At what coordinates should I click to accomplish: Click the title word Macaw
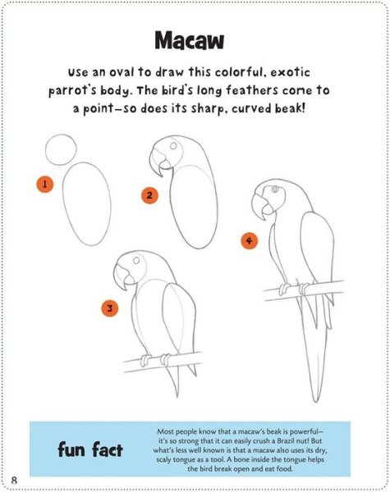pos(189,40)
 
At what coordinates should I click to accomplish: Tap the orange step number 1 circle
pos(44,184)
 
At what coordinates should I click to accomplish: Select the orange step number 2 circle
pos(149,195)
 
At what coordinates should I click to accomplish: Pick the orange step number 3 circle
pos(110,307)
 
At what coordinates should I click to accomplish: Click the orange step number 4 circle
pos(250,240)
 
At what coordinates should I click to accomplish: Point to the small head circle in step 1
pos(61,135)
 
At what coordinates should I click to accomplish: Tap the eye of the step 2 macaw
pos(173,146)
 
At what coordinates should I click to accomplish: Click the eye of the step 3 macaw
pos(136,260)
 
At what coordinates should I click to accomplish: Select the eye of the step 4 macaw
pos(275,189)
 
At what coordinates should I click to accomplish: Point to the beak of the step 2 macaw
pos(158,162)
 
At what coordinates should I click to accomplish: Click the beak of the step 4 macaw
pos(261,206)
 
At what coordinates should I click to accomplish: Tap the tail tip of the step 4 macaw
pos(315,401)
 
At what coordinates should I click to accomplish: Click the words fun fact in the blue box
pos(90,449)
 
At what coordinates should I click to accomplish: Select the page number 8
pos(14,481)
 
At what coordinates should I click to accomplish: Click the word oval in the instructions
pos(122,72)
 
